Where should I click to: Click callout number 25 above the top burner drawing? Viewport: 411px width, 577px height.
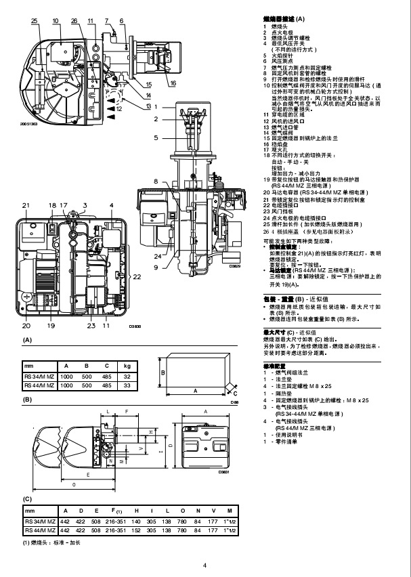click(x=35, y=22)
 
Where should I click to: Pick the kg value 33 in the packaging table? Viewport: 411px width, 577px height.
click(x=127, y=385)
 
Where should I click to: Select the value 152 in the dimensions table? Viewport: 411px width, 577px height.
click(x=137, y=530)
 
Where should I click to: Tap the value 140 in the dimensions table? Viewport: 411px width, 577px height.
click(x=137, y=520)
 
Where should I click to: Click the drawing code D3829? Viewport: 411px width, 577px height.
click(x=235, y=266)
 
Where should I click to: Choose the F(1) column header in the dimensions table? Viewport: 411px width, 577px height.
click(x=116, y=510)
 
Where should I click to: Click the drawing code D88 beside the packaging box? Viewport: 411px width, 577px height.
click(x=234, y=402)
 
